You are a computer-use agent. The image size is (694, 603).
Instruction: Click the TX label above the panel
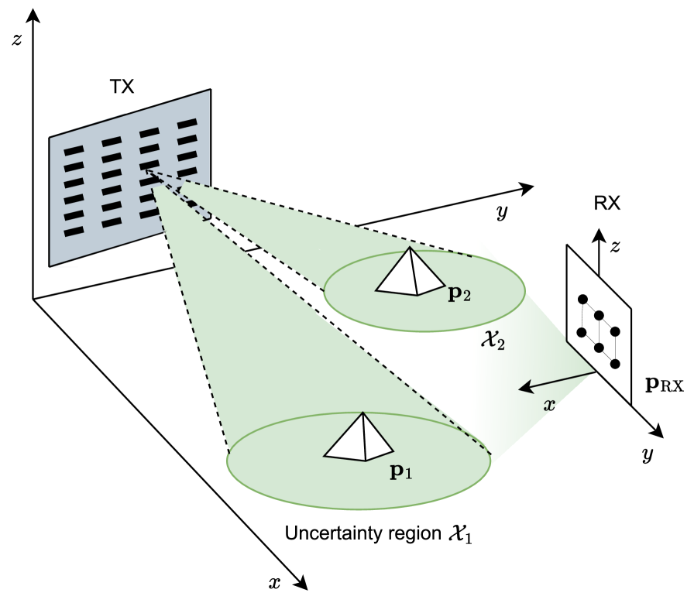coord(122,86)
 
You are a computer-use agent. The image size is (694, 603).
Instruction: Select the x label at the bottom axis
coord(274,583)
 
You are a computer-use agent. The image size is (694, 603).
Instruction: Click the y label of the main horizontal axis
coord(502,213)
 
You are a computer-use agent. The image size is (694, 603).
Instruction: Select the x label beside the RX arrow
coord(550,404)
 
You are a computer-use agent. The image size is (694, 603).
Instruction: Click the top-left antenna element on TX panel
coord(72,151)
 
